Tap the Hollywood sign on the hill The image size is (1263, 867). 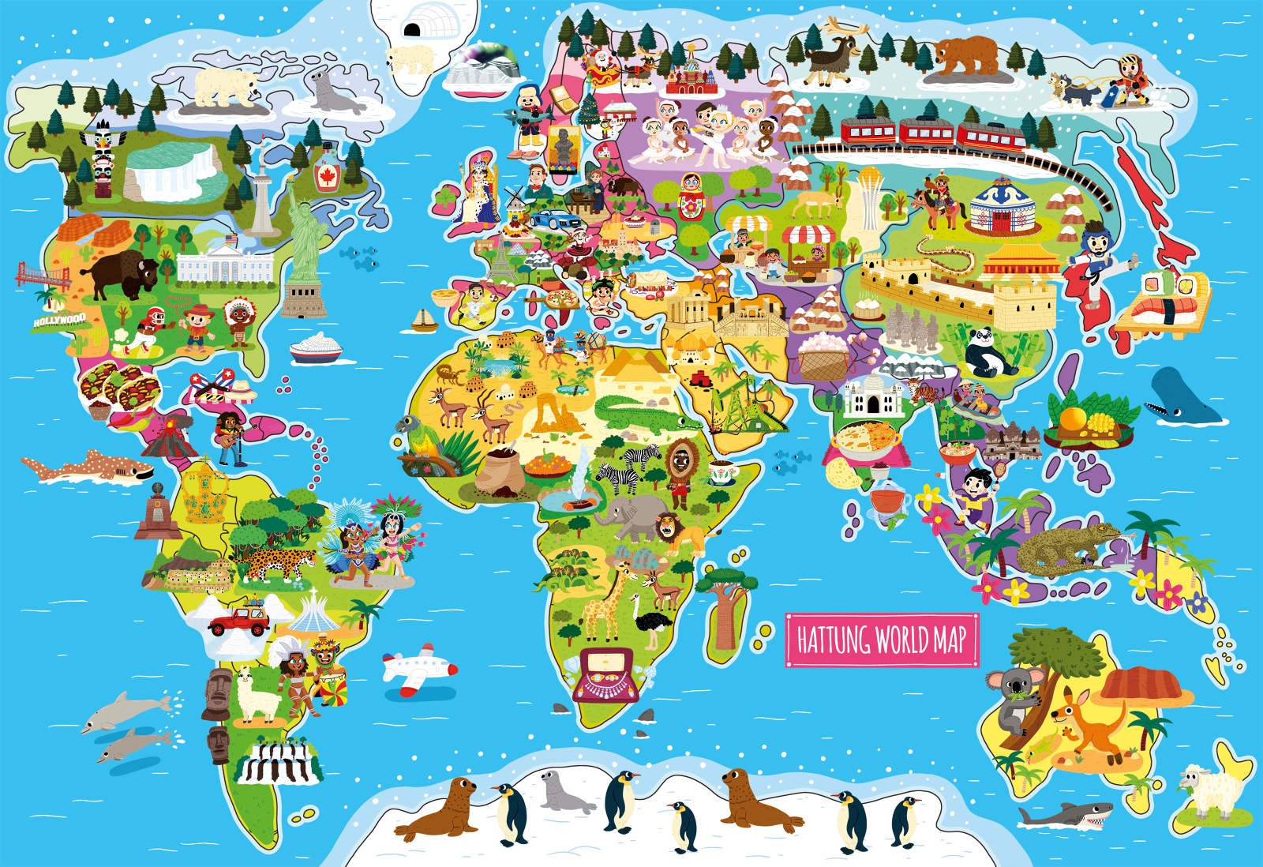pyautogui.click(x=58, y=320)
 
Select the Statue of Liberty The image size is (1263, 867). pyautogui.click(x=304, y=237)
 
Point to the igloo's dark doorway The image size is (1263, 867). pyautogui.click(x=411, y=30)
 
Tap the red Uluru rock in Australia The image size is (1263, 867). pyautogui.click(x=1145, y=684)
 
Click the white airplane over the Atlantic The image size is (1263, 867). pyautogui.click(x=416, y=670)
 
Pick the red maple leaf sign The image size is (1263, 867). pyautogui.click(x=328, y=175)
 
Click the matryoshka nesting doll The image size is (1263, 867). pyautogui.click(x=692, y=197)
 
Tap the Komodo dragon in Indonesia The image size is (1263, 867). pyautogui.click(x=1066, y=549)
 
